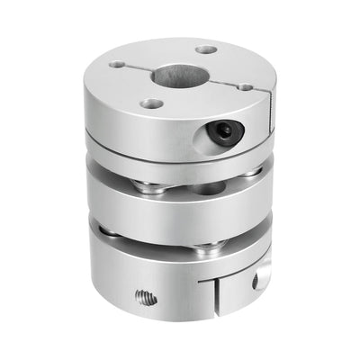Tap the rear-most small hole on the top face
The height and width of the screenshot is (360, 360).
pos(206,49)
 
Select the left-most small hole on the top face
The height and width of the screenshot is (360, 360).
pos(118,65)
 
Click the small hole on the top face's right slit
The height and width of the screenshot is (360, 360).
pos(244,87)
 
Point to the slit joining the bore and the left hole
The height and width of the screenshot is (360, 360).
pos(137,69)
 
